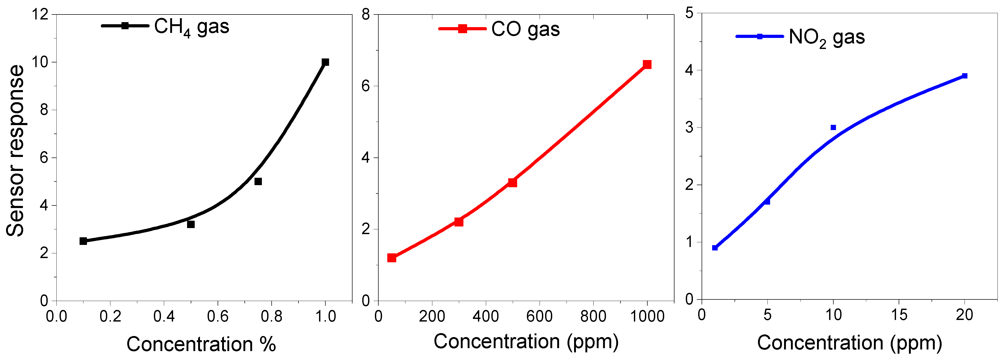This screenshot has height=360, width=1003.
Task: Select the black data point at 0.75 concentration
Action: point(258,181)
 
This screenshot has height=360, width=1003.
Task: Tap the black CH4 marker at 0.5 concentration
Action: point(191,224)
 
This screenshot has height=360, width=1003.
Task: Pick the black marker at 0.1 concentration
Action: point(83,241)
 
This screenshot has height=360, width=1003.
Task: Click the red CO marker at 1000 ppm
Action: point(647,65)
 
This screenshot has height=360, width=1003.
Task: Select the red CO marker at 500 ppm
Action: point(512,183)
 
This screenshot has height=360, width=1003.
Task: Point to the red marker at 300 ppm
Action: point(459,222)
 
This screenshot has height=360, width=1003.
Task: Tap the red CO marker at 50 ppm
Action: point(392,258)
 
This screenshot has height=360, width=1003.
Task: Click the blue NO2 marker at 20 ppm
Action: point(965,76)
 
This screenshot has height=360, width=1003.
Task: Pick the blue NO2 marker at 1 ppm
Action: point(715,248)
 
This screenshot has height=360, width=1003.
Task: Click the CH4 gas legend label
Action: point(192,27)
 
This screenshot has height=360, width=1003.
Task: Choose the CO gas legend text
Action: point(525,29)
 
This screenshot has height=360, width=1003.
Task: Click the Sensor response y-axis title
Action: point(16,151)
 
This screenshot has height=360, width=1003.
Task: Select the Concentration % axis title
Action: point(201,344)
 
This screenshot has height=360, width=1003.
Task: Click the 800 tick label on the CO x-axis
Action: point(593,316)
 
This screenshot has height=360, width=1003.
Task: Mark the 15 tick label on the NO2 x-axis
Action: point(899,314)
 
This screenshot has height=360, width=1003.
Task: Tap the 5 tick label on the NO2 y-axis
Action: point(689,13)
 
